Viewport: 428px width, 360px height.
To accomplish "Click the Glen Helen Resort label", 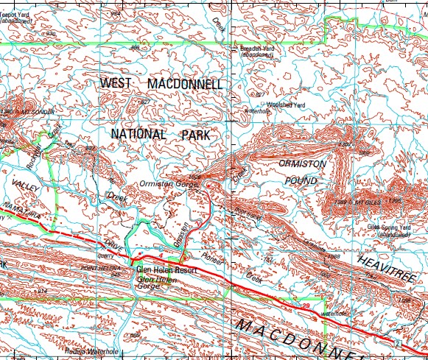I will coord(163,270).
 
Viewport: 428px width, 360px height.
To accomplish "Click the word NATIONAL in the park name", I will coord(140,134).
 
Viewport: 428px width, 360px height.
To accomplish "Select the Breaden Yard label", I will coord(258,49).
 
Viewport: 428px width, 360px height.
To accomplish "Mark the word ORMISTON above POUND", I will coord(302,163).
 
